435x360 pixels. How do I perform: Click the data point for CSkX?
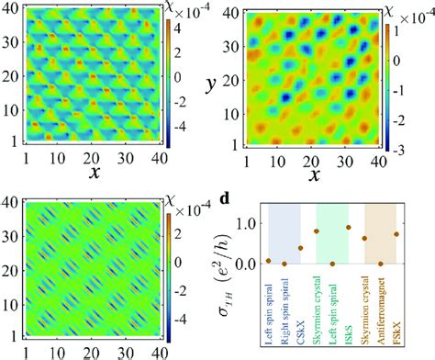coord(299,248)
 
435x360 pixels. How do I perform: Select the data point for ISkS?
coord(348,227)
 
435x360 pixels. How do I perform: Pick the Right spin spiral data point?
coord(284,264)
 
